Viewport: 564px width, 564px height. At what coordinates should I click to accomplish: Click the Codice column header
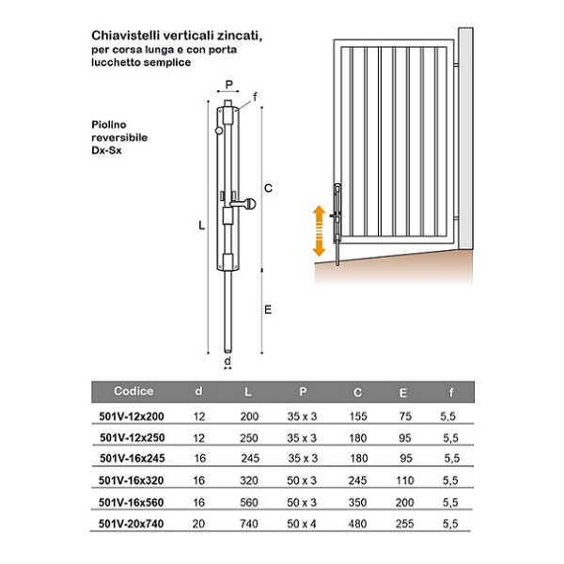pyautogui.click(x=133, y=392)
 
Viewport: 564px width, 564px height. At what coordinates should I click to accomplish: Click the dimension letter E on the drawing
pyautogui.click(x=269, y=308)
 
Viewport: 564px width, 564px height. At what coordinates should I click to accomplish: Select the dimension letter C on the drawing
pyautogui.click(x=269, y=189)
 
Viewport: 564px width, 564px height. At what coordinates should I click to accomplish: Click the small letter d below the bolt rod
pyautogui.click(x=228, y=360)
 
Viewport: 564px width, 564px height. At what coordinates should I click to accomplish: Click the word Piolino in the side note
pyautogui.click(x=111, y=124)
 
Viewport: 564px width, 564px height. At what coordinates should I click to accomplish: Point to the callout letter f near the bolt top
pyautogui.click(x=255, y=97)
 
